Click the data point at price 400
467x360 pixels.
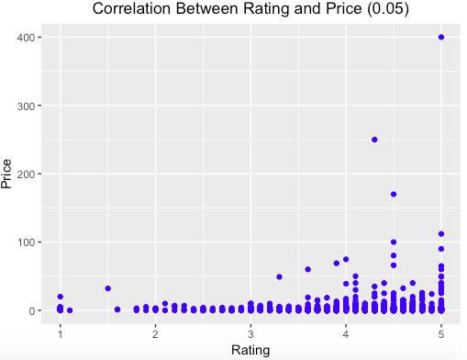pyautogui.click(x=441, y=38)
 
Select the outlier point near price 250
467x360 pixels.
pyautogui.click(x=374, y=140)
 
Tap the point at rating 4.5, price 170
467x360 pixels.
pyautogui.click(x=394, y=195)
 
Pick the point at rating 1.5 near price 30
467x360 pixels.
pyautogui.click(x=107, y=288)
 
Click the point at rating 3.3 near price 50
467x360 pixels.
pyautogui.click(x=279, y=276)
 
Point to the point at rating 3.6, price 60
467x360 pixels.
pyautogui.click(x=308, y=269)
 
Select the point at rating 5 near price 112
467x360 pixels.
pyautogui.click(x=441, y=234)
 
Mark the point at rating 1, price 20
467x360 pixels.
pyautogui.click(x=61, y=297)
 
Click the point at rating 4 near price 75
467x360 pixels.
pyautogui.click(x=346, y=259)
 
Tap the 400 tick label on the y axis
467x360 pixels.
pyautogui.click(x=27, y=38)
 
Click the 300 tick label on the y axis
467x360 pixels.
pyautogui.click(x=27, y=106)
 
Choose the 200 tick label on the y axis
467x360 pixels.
pyautogui.click(x=27, y=174)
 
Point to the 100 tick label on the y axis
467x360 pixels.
pyautogui.click(x=27, y=242)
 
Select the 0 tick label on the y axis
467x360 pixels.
pyautogui.click(x=32, y=310)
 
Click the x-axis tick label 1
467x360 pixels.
pyautogui.click(x=61, y=334)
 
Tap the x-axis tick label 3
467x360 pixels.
pyautogui.click(x=250, y=334)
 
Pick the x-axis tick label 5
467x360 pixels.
pyautogui.click(x=441, y=334)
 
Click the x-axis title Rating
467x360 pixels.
pyautogui.click(x=250, y=350)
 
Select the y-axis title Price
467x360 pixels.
pyautogui.click(x=6, y=174)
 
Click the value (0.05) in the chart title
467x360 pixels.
pyautogui.click(x=388, y=8)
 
